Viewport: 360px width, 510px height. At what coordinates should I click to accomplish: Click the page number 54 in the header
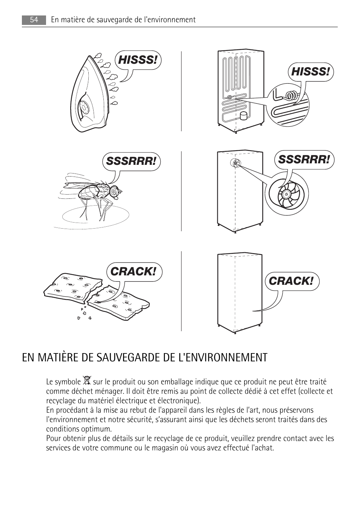34,20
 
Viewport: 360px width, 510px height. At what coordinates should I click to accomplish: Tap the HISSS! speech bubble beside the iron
138,60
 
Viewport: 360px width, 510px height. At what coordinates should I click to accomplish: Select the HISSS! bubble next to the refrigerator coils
310,72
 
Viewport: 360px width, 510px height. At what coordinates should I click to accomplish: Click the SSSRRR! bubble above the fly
131,161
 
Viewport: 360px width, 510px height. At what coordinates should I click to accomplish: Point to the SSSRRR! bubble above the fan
304,160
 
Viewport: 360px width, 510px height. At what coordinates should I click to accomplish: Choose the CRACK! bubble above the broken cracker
133,272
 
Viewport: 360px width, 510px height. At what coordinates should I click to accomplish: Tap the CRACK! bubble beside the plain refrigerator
291,281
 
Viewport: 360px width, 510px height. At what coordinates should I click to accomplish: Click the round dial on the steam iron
84,108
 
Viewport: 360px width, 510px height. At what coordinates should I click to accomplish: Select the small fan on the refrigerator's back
235,163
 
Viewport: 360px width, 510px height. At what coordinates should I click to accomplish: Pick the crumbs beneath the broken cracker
84,313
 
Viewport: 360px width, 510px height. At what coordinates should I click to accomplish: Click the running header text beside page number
123,20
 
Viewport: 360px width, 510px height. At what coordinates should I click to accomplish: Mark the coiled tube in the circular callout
291,95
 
